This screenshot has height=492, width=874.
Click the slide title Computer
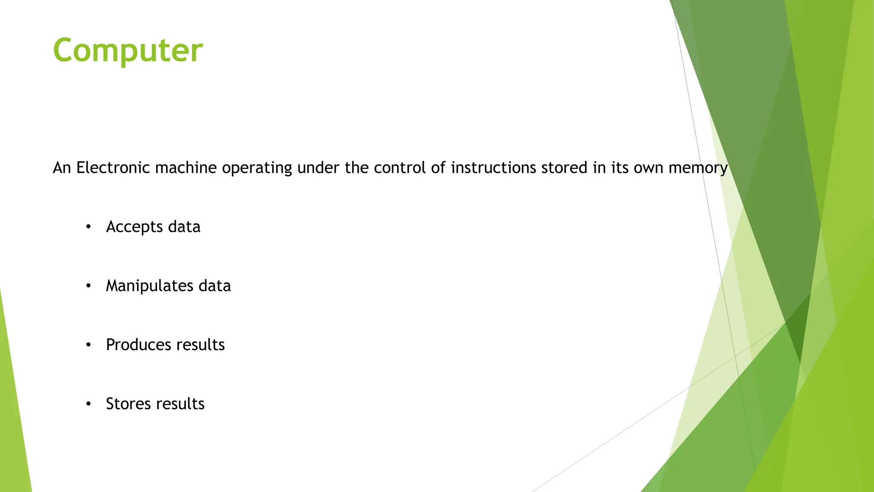tap(128, 50)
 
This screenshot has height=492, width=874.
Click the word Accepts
tap(134, 227)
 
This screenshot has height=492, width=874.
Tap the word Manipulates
tap(149, 286)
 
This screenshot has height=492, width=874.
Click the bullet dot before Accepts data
tap(88, 227)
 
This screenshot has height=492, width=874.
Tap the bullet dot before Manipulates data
tap(88, 286)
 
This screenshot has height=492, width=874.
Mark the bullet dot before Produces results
tap(88, 345)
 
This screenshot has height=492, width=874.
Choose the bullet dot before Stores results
tap(88, 404)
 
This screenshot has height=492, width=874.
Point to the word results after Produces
tap(200, 345)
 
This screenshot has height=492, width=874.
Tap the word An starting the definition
tap(61, 168)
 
